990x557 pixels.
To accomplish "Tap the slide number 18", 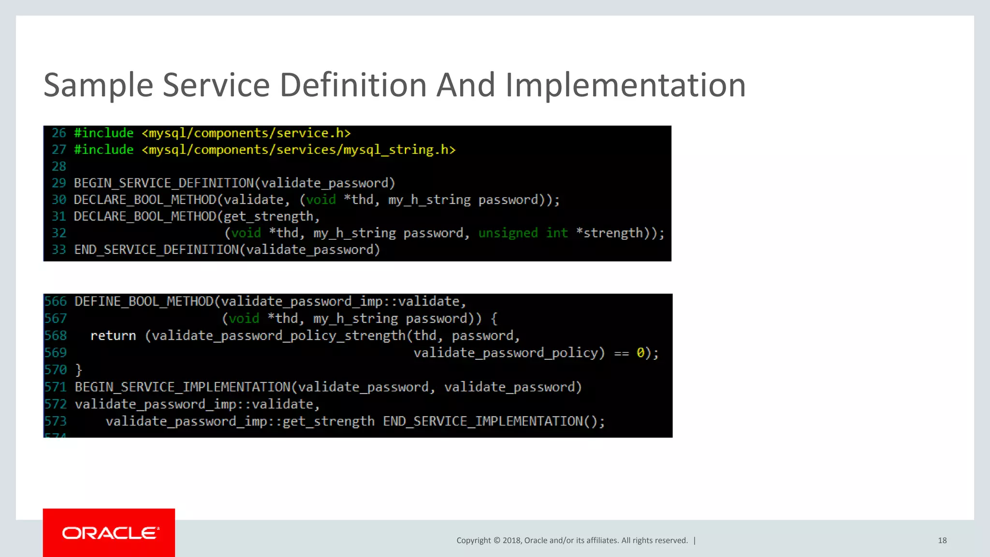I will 942,541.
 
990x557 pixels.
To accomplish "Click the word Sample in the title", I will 99,85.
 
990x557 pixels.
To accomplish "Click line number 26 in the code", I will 59,133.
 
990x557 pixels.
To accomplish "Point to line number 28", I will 59,166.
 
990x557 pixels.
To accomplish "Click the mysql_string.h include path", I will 299,150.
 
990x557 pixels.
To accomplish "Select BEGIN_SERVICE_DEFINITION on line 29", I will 164,183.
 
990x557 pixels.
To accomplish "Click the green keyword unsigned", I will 508,233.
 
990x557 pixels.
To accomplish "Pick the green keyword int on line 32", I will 557,233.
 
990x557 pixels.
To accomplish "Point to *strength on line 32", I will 610,233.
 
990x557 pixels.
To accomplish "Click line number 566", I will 56,302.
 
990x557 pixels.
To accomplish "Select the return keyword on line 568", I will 113,336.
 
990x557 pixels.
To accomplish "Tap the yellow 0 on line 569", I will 641,353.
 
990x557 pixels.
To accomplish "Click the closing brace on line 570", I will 79,370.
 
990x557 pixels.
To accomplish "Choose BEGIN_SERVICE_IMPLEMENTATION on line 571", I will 183,387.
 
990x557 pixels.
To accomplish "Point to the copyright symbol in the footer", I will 496,541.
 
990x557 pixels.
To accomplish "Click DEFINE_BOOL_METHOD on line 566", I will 144,302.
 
